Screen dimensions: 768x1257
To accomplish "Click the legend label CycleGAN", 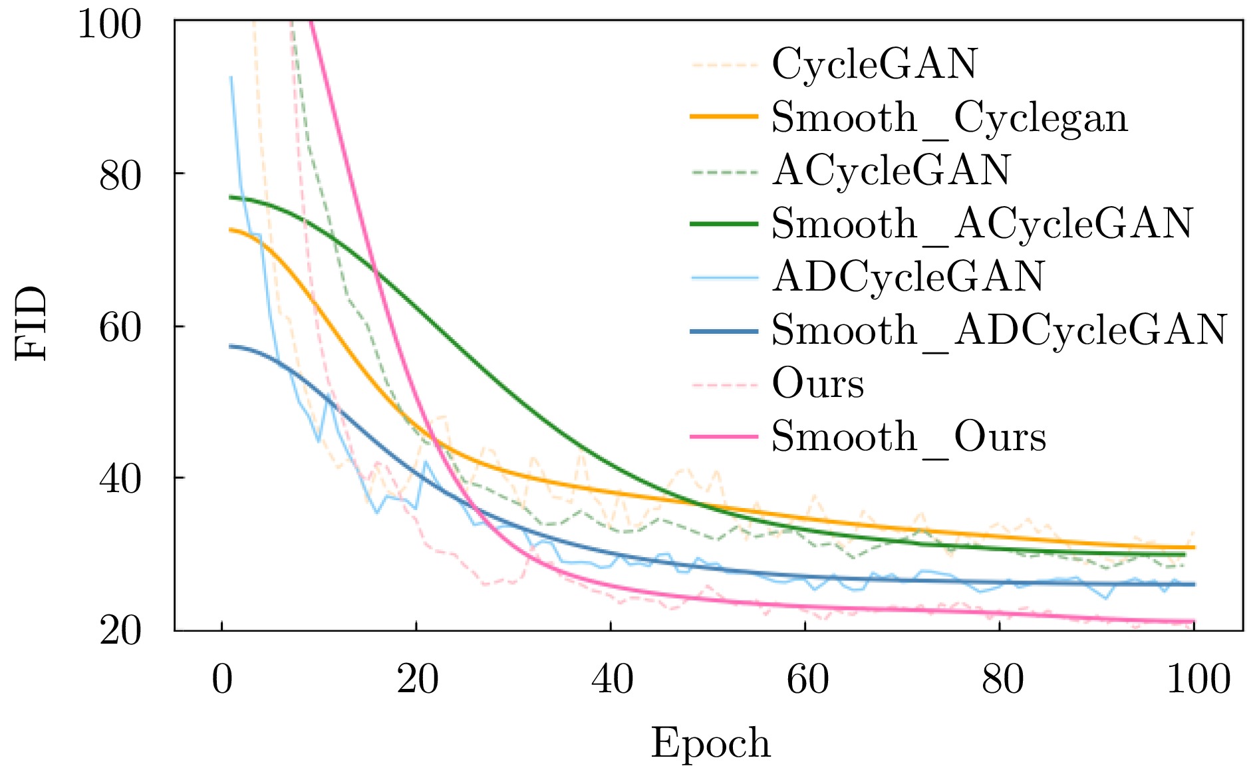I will (x=874, y=64).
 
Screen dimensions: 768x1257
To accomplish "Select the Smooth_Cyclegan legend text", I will (x=949, y=118).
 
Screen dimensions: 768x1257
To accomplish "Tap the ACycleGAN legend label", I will (x=891, y=170).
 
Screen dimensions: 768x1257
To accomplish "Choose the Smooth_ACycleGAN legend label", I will (x=982, y=223).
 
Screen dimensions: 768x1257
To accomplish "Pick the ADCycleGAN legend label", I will (x=908, y=277).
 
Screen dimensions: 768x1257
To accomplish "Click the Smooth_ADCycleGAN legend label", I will (x=998, y=330).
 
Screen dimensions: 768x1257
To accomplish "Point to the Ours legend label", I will (x=817, y=384).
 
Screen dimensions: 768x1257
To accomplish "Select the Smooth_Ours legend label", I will (x=908, y=437).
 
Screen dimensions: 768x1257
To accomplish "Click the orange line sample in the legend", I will (x=724, y=117).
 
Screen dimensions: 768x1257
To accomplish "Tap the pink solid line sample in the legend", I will (x=724, y=437).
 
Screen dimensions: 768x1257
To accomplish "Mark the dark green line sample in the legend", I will (x=724, y=223).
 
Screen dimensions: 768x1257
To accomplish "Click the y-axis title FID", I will (x=32, y=324).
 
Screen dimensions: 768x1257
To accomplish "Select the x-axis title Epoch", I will (x=710, y=743).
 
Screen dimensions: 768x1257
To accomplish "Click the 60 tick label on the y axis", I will (x=120, y=326).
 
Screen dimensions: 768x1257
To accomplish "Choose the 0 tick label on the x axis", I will (x=222, y=680).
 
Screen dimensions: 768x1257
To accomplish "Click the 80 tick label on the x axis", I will (x=1002, y=680).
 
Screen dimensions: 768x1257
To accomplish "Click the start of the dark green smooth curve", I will (x=230, y=197).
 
